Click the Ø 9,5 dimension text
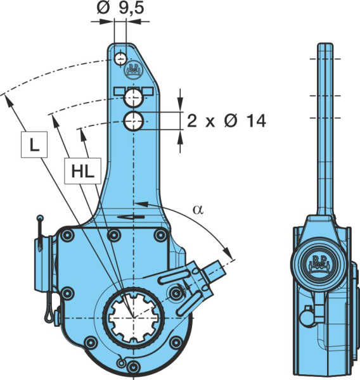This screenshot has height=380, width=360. (x=120, y=8)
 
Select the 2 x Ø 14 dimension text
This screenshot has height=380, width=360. (x=226, y=121)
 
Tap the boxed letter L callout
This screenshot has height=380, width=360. (x=34, y=144)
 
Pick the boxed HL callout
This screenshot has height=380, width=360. (x=83, y=171)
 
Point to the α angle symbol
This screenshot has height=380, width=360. (x=198, y=210)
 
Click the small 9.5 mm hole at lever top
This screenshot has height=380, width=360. (x=120, y=59)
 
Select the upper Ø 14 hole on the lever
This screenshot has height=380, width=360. (x=133, y=98)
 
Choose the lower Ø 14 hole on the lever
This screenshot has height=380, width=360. (x=134, y=121)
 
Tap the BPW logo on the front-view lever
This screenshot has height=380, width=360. (x=134, y=70)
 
